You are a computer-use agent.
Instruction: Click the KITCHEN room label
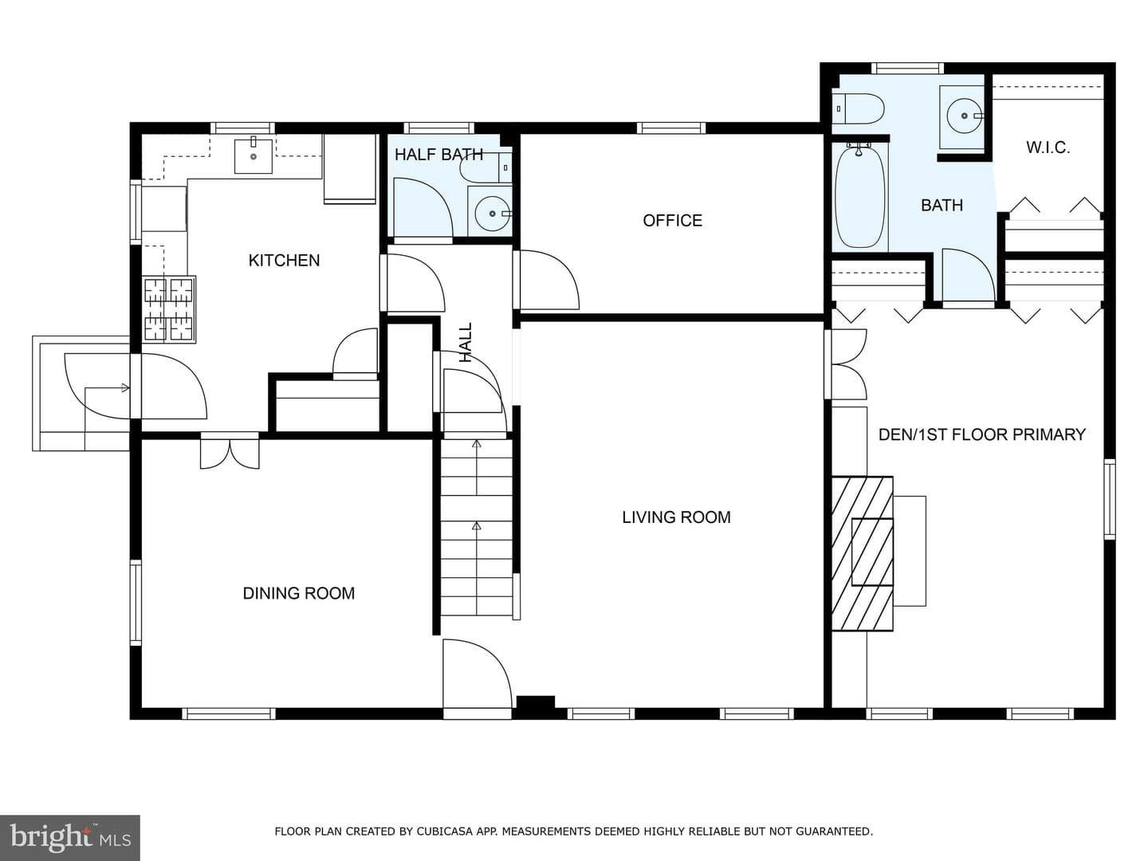[x=284, y=261]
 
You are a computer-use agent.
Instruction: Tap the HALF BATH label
[x=438, y=155]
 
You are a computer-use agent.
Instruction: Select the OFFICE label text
[x=673, y=221]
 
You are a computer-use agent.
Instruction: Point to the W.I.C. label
[x=1048, y=148]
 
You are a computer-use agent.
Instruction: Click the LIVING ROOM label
[x=676, y=517]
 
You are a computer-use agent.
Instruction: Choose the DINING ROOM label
[x=299, y=593]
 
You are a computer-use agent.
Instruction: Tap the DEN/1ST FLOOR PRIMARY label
[x=981, y=435]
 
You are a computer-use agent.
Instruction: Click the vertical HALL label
[x=466, y=343]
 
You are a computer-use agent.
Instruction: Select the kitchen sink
[x=254, y=155]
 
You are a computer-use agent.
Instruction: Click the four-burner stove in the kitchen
[x=169, y=309]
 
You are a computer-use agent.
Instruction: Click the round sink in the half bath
[x=492, y=214]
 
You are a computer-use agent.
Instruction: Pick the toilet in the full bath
[x=859, y=108]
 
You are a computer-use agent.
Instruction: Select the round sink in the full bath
[x=964, y=116]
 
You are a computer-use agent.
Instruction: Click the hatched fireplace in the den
[x=862, y=553]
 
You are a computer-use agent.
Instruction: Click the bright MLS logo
[x=70, y=837]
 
